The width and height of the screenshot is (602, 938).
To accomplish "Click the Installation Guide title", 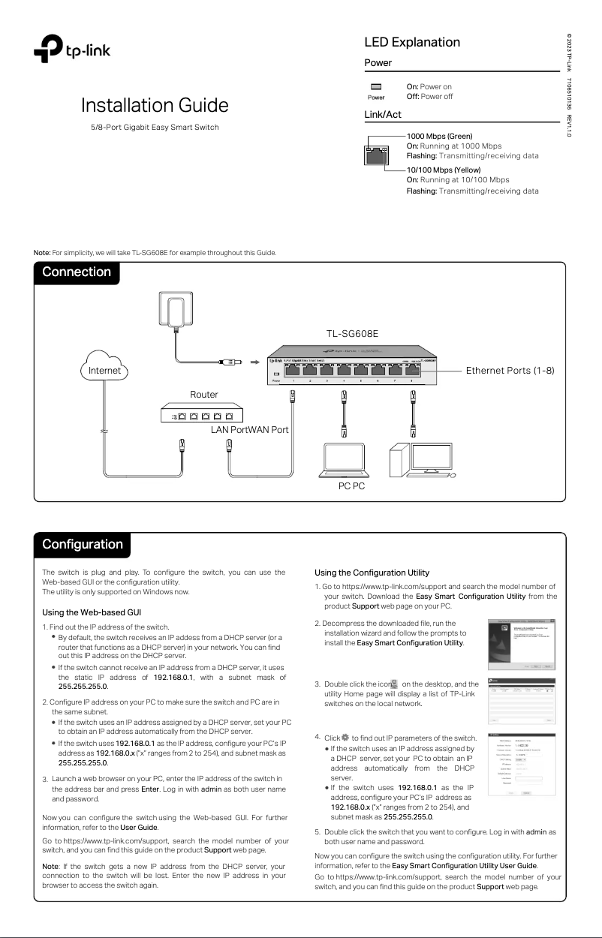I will coord(155,104).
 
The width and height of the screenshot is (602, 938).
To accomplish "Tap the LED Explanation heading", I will coord(411,42).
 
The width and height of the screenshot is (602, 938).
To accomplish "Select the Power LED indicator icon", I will coord(376,87).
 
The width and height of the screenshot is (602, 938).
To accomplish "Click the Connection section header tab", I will coord(77,272).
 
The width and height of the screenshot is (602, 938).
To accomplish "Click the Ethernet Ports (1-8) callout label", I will coord(510,370).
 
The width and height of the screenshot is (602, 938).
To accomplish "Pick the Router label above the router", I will coord(205,393).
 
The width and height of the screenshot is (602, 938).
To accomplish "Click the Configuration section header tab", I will coord(82,544).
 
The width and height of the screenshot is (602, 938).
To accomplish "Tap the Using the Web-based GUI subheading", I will coord(92,612).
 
